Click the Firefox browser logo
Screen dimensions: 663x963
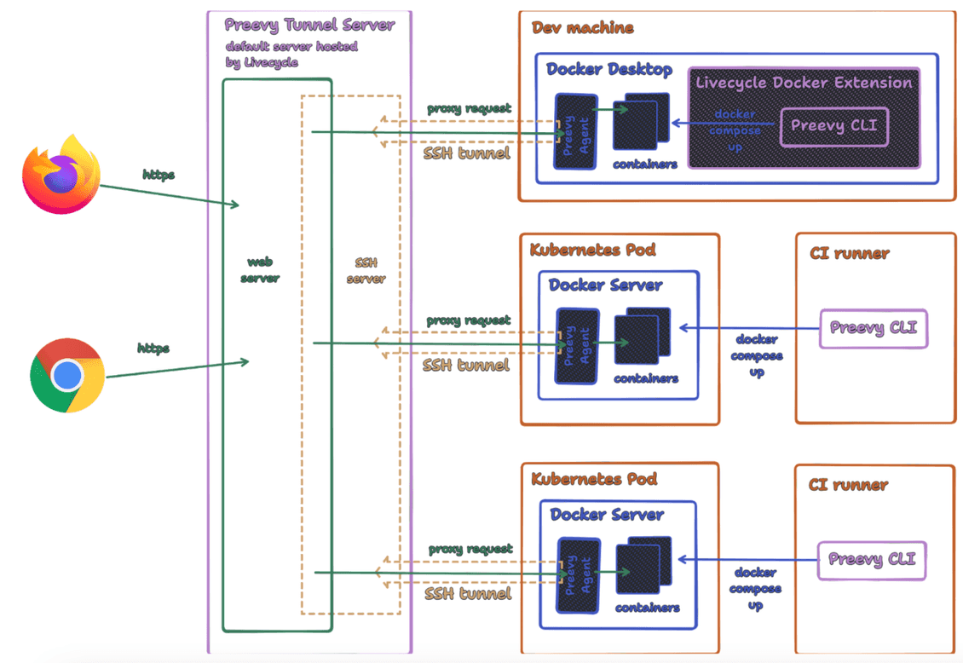61,176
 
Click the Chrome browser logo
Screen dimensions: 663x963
67,375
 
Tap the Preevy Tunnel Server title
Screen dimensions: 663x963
309,25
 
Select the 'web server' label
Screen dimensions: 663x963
260,270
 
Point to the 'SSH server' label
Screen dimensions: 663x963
366,270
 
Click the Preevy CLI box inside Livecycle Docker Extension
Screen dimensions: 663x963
834,126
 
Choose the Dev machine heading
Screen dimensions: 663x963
583,27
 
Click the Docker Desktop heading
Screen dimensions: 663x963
609,69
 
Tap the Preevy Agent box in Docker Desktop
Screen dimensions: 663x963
574,130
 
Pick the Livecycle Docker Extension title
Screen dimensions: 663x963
804,83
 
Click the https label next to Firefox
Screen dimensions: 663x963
159,175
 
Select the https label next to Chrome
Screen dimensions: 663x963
153,348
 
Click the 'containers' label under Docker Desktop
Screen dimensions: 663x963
645,164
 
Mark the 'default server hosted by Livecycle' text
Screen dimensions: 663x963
291,54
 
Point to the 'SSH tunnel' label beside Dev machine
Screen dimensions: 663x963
467,153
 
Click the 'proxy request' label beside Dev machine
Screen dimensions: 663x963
469,108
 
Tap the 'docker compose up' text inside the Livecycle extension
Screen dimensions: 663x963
735,130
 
